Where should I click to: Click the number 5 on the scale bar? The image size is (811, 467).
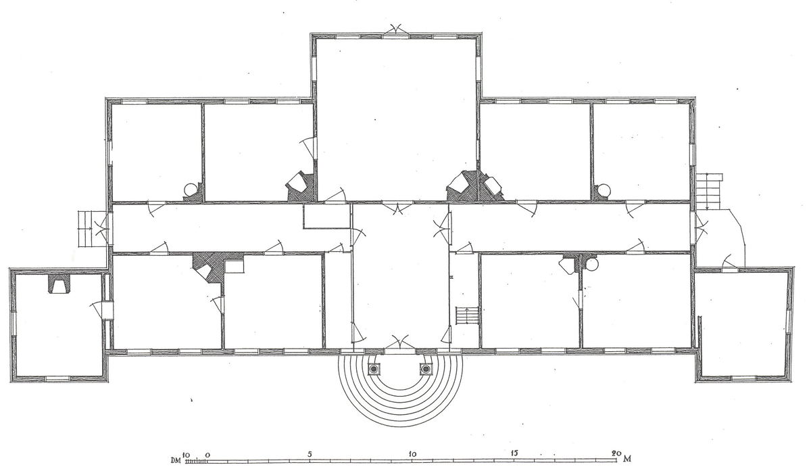[310, 453]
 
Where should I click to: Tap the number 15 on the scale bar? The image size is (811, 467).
[514, 453]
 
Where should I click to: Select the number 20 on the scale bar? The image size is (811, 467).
[616, 453]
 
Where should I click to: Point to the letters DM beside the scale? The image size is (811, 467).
[176, 461]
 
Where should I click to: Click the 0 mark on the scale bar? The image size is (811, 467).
[208, 454]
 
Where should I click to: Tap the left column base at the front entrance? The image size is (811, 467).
[374, 369]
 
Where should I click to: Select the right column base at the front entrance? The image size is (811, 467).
[426, 369]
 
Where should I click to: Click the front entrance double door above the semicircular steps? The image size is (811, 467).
[400, 344]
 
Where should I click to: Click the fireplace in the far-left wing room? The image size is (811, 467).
[58, 284]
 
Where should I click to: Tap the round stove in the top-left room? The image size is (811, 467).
[191, 190]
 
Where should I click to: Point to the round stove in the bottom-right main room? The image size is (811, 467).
[591, 263]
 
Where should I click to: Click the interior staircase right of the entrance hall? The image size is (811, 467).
[468, 316]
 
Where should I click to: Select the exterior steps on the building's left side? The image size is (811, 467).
[87, 229]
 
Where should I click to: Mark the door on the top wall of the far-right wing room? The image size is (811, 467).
[729, 263]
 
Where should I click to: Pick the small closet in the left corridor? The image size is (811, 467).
[326, 216]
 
